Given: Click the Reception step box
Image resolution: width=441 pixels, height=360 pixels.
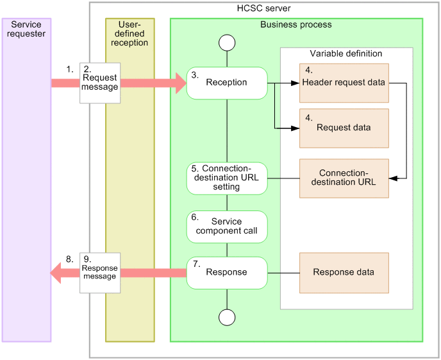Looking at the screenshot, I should (x=227, y=83).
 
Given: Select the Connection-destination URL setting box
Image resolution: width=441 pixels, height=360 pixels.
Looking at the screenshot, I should (x=227, y=178).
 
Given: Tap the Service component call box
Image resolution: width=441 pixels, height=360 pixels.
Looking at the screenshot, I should (x=227, y=226).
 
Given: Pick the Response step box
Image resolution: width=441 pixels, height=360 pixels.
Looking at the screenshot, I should (x=227, y=272).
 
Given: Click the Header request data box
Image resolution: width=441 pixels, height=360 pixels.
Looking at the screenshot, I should (x=344, y=83).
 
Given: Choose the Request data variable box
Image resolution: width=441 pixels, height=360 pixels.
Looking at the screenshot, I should (x=344, y=128).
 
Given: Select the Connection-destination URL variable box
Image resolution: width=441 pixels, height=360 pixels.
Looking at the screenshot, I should (x=344, y=178).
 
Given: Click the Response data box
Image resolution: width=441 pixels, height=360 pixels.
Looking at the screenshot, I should (x=344, y=272).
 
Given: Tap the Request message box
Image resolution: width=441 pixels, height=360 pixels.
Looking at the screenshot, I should (x=100, y=83).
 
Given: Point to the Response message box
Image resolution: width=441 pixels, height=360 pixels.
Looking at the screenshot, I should (x=100, y=272).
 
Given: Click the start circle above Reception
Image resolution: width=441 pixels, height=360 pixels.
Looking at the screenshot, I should (x=227, y=43).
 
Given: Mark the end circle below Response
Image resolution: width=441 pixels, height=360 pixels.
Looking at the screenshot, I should (x=227, y=317).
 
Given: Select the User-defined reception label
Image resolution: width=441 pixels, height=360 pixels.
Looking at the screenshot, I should (x=129, y=34).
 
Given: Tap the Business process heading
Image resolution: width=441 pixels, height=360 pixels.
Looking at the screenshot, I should (x=295, y=24).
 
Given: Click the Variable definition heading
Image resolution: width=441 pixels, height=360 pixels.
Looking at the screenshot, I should (x=345, y=53).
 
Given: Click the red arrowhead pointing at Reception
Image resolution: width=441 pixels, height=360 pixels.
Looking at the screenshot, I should (x=179, y=83).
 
